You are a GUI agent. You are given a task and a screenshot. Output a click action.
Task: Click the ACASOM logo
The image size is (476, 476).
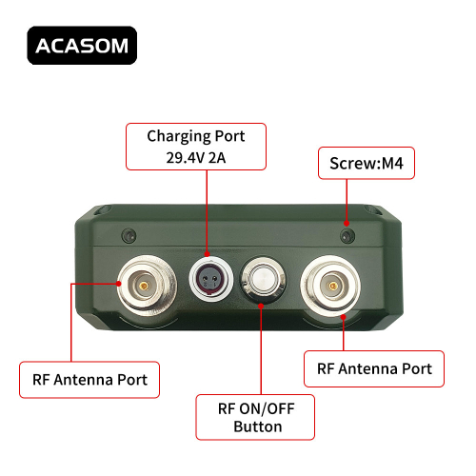(x=82, y=46)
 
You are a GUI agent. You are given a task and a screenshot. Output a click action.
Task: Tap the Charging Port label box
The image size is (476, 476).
(x=196, y=147)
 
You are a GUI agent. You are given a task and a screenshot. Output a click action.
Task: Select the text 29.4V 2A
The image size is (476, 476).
(x=196, y=158)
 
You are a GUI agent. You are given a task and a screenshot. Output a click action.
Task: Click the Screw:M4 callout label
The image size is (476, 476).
(x=367, y=163)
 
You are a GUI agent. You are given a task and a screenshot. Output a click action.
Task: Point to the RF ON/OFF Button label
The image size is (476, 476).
(x=255, y=417)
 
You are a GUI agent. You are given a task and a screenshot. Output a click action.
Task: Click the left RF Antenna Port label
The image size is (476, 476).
(x=89, y=380)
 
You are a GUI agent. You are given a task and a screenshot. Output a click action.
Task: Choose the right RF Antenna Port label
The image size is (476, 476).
(x=374, y=368)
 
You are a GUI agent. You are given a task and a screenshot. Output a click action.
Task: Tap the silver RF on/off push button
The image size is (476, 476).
(x=263, y=280)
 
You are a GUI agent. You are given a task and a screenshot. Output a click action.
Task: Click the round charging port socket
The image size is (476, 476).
(x=210, y=279)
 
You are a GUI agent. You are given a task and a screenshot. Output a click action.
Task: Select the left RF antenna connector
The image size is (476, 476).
(x=147, y=286)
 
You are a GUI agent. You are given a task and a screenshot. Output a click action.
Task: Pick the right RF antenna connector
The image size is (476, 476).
(x=330, y=287)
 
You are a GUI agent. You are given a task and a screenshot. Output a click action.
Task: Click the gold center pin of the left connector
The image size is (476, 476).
(x=144, y=287)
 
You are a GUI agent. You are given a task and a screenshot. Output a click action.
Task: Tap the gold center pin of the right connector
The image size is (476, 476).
(x=333, y=287)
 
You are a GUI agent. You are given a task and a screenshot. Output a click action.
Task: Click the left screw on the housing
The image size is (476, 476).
(x=129, y=236)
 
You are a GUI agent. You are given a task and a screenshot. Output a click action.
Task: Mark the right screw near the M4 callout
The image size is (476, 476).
(x=347, y=236)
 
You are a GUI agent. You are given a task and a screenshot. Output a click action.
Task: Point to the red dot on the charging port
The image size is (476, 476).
(x=207, y=254)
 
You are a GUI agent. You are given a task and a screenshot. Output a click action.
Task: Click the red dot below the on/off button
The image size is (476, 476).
(x=261, y=307)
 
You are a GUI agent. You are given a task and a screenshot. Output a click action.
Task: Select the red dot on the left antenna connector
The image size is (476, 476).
(x=119, y=284)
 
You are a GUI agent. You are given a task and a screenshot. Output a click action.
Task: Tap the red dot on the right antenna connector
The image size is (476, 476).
(x=344, y=316)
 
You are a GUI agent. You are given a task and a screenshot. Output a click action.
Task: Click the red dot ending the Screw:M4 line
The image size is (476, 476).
(x=347, y=224)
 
